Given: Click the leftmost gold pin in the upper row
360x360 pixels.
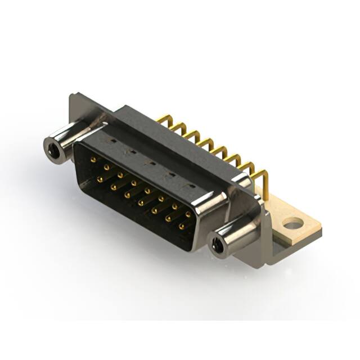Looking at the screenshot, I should (x=93, y=160).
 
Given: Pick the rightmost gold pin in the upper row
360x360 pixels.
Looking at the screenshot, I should (x=188, y=214).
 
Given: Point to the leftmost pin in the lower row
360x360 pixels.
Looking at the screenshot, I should (x=100, y=179).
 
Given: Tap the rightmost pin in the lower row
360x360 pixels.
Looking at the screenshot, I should (x=181, y=227).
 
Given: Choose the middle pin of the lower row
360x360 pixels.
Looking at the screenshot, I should (x=141, y=203).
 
